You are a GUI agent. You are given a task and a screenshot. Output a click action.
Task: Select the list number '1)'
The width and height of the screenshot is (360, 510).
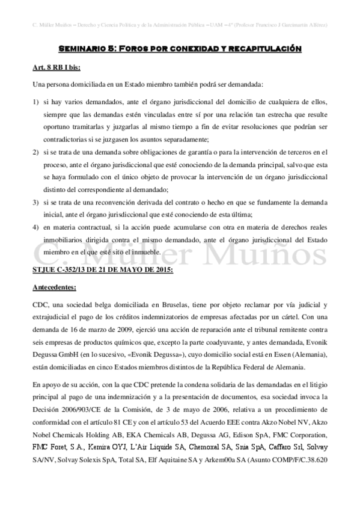tap(37, 97)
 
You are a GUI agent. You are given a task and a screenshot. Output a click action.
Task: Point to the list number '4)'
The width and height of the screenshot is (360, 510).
tap(37, 229)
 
